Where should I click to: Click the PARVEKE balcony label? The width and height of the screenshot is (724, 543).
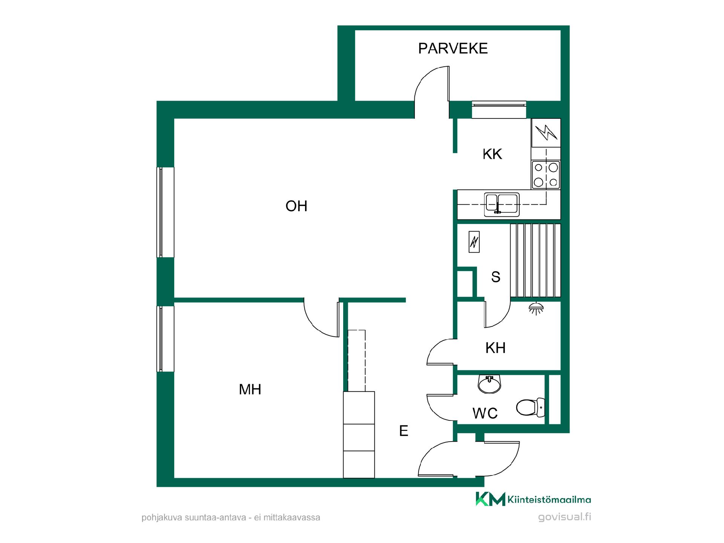point(453,48)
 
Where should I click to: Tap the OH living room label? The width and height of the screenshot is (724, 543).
point(296,206)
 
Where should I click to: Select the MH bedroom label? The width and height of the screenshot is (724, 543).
point(250,389)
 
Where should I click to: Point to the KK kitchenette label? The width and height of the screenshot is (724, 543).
point(492,154)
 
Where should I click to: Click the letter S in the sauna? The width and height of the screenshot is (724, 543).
point(495,277)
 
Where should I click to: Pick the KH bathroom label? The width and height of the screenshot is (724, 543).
point(495,348)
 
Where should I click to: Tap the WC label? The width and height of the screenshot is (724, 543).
point(485,413)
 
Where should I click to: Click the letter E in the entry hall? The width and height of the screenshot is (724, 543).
point(403,431)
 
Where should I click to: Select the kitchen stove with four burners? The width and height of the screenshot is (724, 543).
point(546,175)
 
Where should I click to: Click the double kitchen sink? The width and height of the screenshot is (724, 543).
point(502,204)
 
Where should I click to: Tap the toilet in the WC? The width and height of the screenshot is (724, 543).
point(531,407)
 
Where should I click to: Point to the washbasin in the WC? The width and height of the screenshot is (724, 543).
point(489,384)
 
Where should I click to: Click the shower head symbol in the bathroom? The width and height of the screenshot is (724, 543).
point(536,308)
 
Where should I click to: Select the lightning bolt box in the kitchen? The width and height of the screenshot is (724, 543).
point(546,133)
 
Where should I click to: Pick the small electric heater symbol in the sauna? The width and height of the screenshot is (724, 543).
point(474,242)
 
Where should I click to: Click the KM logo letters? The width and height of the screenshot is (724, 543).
point(490,499)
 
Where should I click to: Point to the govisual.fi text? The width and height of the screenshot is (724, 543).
point(564,517)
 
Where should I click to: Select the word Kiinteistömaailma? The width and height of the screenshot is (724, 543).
point(549,500)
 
